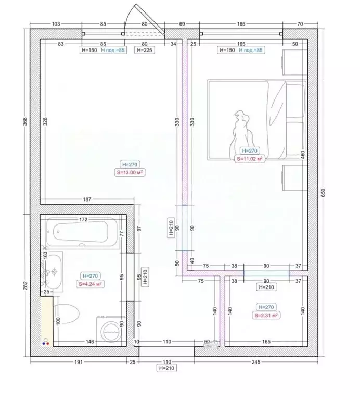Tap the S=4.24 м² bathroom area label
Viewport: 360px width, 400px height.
point(91,284)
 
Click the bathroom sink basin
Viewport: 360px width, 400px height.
point(54,271)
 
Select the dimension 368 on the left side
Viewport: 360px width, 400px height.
point(24,121)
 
